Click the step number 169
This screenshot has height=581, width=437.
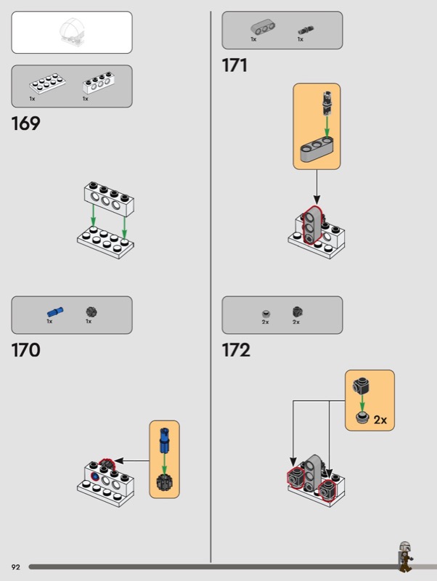[x=25, y=123]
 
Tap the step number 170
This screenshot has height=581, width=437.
[x=25, y=350]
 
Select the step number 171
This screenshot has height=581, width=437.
[x=234, y=65]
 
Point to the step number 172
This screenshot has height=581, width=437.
[x=236, y=350]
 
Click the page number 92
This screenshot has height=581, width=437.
[x=15, y=567]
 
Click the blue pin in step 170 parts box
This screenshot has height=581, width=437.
[x=55, y=312]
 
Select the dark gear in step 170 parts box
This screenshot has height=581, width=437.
[x=91, y=312]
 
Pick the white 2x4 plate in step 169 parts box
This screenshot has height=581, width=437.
[x=47, y=84]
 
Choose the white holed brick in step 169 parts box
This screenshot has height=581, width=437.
[x=98, y=83]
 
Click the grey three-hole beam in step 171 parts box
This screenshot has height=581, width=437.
[x=263, y=27]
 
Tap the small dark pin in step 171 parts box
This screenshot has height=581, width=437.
[x=306, y=30]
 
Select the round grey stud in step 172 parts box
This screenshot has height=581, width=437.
[x=266, y=314]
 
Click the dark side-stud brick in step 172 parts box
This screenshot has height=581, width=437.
[x=298, y=312]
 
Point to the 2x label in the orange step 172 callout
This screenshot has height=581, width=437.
[x=380, y=420]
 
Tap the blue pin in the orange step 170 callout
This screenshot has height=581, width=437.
[x=164, y=441]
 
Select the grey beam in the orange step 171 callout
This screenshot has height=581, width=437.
[x=316, y=150]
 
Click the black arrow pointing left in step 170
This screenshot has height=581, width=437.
[x=132, y=461]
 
